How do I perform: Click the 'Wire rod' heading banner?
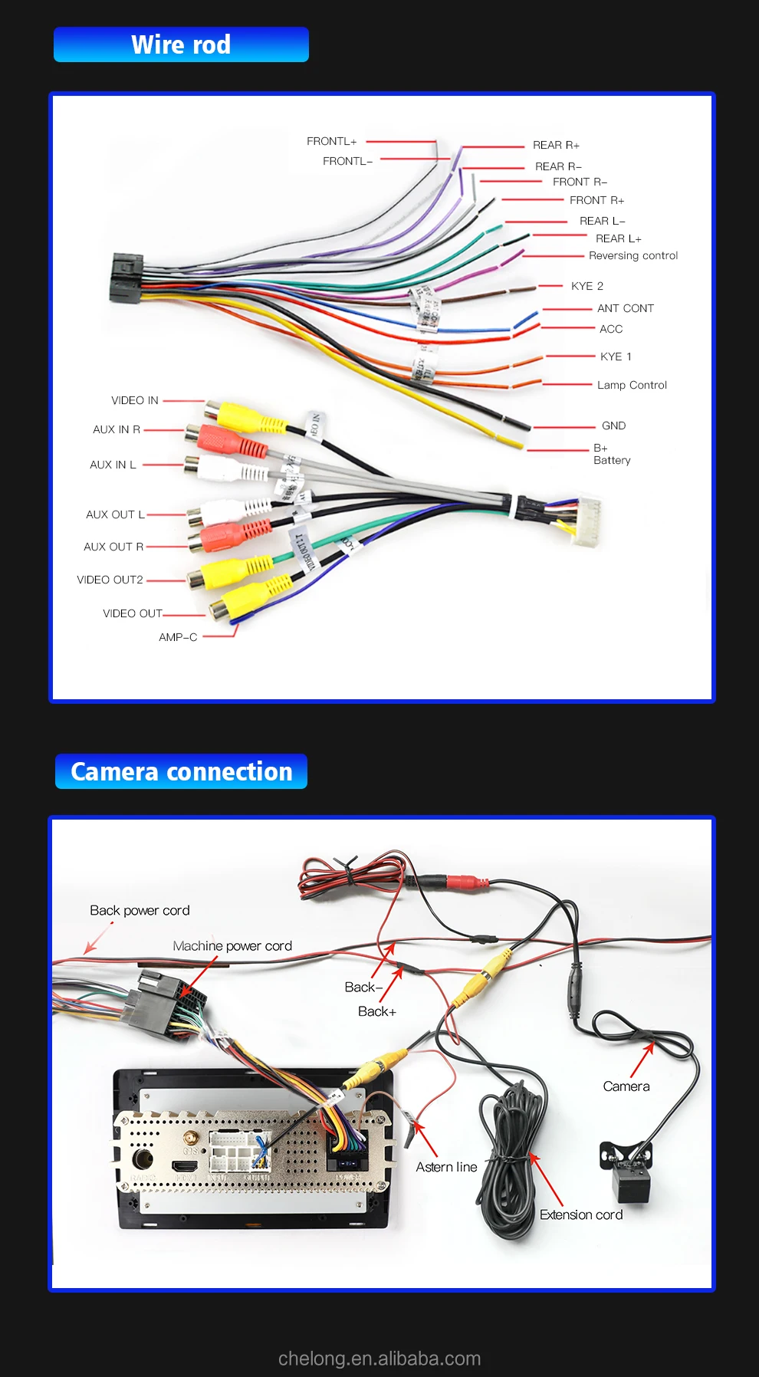[181, 44]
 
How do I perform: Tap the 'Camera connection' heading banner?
[182, 771]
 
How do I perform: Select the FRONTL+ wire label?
[331, 141]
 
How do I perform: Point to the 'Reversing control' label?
[633, 256]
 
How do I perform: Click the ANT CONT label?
[625, 308]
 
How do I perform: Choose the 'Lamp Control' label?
[632, 385]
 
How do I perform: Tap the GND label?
[613, 426]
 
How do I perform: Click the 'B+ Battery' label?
[611, 454]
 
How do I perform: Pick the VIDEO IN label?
[134, 400]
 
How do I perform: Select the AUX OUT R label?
[113, 547]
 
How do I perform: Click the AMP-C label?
[178, 637]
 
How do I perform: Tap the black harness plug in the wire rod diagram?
[126, 278]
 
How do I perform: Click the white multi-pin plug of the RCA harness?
[586, 521]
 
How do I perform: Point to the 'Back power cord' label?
[140, 910]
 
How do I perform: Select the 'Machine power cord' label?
[232, 946]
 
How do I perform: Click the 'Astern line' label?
[446, 1167]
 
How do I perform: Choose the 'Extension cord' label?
[580, 1214]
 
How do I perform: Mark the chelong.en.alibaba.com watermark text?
[379, 1359]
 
